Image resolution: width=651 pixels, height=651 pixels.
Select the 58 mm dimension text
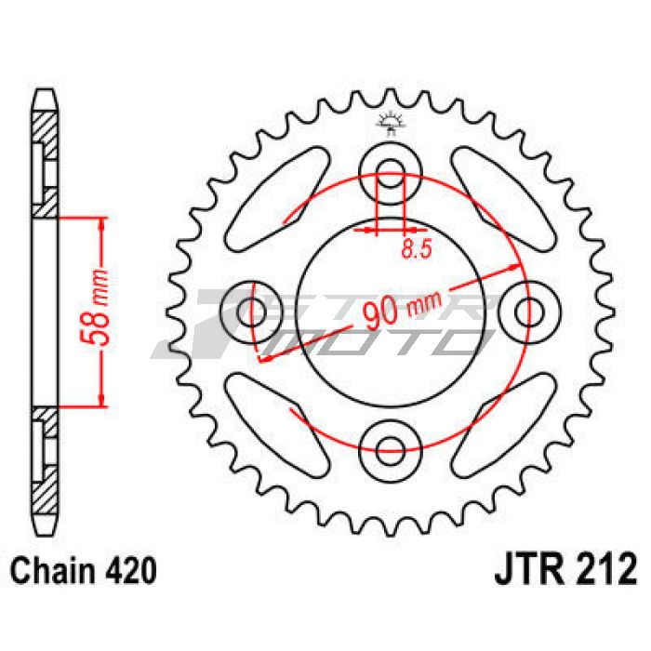click(103, 311)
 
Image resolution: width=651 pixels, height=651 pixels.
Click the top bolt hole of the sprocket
click(392, 168)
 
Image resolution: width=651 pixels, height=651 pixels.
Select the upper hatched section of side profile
click(46, 125)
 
